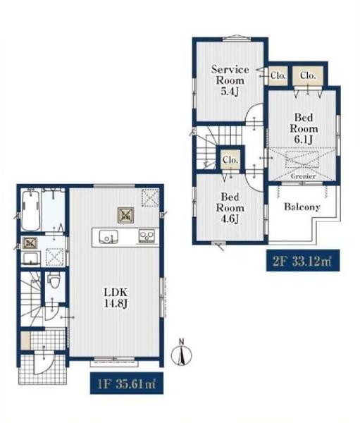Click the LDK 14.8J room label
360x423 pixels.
116,298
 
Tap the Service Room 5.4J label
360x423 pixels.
230,80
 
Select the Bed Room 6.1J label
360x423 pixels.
304,128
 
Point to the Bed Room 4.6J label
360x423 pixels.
230,208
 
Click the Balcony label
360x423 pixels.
302,207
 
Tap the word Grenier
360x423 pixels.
303,176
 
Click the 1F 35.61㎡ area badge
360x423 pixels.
127,383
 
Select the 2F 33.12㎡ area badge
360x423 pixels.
303,261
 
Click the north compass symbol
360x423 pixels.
182,353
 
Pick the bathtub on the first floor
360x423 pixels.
31,211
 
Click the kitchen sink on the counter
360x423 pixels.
108,237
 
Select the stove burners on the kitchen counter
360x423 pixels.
147,235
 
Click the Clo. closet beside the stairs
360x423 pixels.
230,160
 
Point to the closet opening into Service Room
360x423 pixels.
278,75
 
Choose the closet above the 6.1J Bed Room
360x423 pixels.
308,75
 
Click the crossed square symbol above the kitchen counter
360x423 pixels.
125,215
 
